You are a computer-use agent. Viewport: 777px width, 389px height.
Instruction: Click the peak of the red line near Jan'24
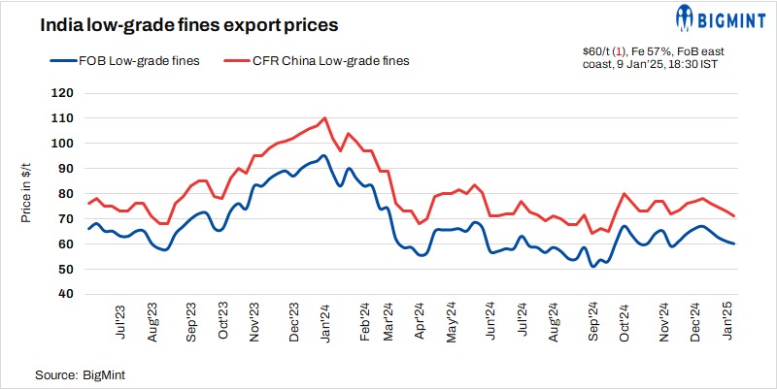point(324,118)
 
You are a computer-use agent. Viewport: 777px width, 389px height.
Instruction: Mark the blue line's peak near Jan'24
point(323,155)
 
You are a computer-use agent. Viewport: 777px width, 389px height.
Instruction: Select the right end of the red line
point(734,215)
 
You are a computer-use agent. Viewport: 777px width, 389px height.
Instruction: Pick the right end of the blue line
point(734,243)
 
